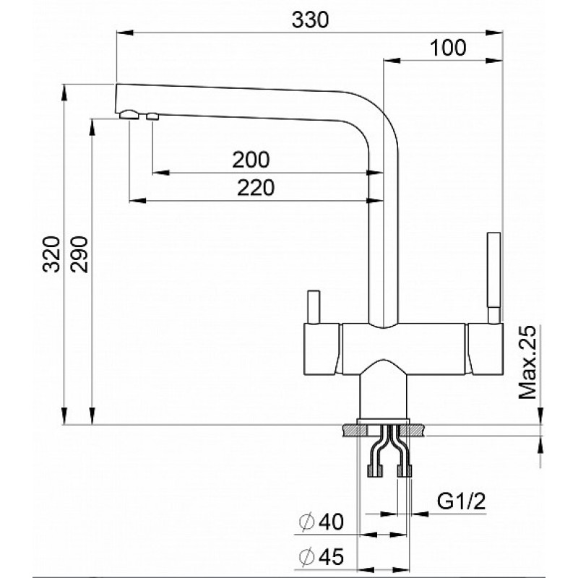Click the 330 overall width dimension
(310, 20)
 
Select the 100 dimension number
(448, 48)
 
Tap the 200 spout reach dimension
(251, 160)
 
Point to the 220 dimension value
(256, 188)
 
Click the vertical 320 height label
(51, 254)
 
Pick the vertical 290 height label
(79, 254)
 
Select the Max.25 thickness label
(527, 363)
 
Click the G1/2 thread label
(462, 501)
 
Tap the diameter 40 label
(322, 522)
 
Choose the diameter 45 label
(322, 556)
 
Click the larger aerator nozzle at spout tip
(129, 115)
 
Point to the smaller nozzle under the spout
(152, 116)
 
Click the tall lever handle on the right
(494, 278)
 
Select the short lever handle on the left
(314, 308)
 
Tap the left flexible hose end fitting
(375, 471)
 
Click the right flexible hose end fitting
(404, 471)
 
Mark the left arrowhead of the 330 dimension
(124, 33)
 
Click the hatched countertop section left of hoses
(355, 430)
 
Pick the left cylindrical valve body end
(322, 349)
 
